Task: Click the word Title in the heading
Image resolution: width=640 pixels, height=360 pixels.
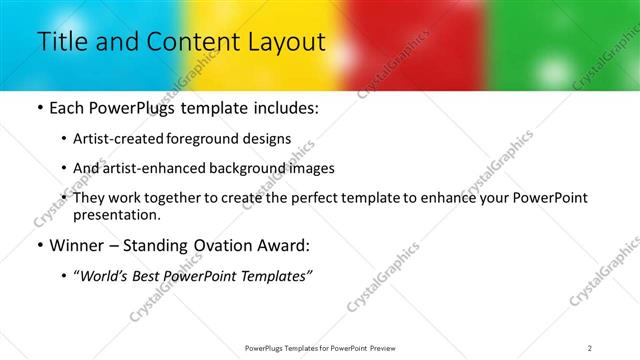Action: (x=61, y=42)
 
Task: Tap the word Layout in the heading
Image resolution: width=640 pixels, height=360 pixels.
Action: (x=285, y=42)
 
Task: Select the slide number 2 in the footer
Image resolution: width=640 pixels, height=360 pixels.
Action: (x=589, y=348)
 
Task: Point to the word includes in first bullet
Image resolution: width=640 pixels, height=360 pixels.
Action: (x=283, y=108)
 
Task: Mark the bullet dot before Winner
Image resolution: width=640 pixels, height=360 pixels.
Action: (x=39, y=245)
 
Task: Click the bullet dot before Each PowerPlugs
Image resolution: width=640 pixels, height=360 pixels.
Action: (x=39, y=108)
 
